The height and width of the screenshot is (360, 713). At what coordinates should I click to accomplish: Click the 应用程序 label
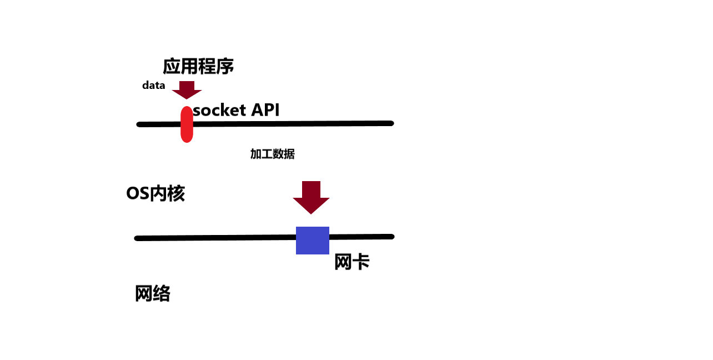coord(198,67)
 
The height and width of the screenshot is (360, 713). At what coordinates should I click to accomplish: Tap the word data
coord(154,86)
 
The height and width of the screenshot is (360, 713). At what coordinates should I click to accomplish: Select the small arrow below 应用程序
coord(187,89)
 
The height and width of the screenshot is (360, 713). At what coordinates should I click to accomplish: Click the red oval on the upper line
coord(187,124)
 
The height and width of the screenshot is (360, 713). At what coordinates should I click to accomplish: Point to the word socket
coord(219,110)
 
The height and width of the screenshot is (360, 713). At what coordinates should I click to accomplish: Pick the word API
coord(265,110)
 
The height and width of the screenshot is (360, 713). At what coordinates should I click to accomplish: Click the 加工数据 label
coord(272,154)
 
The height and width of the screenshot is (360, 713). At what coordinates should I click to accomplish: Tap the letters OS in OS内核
coord(137,193)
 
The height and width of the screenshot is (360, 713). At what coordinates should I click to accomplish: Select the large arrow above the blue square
coord(311,197)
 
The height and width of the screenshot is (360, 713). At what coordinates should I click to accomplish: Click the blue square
coord(313,241)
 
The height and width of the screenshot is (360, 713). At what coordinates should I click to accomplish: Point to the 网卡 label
coord(352,262)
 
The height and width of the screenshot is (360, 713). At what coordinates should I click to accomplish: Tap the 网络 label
coord(152,293)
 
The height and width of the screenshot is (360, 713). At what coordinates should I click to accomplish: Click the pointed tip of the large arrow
coord(311,213)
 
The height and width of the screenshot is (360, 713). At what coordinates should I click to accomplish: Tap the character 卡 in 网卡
coord(361,262)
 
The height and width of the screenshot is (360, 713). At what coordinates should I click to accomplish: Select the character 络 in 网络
coord(161,293)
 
